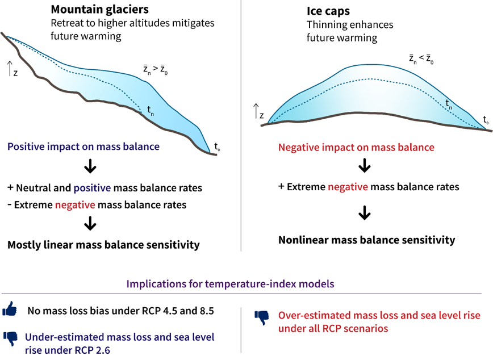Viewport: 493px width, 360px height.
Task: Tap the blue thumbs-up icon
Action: click(x=10, y=311)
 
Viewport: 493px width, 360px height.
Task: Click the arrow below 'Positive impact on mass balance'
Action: click(x=90, y=168)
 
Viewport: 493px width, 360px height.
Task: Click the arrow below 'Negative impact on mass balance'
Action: click(x=365, y=167)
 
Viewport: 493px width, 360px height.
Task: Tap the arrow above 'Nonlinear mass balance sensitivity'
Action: click(x=365, y=214)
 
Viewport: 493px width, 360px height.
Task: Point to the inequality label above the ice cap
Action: click(x=421, y=58)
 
